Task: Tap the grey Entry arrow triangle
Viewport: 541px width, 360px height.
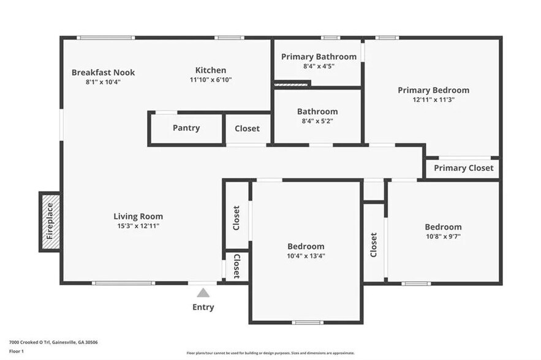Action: (x=203, y=293)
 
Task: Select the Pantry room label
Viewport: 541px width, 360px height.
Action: (x=186, y=128)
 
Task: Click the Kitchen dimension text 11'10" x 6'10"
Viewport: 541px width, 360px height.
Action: (x=211, y=80)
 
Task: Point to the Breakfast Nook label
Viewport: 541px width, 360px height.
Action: (x=103, y=72)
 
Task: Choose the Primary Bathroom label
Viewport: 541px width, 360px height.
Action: (x=319, y=56)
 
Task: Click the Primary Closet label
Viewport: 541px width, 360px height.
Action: (x=463, y=168)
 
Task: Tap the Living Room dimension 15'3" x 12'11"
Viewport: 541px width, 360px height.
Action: (x=138, y=226)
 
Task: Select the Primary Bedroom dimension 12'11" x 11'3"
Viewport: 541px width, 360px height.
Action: (x=434, y=100)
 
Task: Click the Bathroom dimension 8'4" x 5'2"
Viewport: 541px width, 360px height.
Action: (x=317, y=121)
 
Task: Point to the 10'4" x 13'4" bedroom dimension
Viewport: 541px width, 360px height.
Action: (x=306, y=256)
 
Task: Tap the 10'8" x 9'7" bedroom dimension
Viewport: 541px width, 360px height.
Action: (x=444, y=236)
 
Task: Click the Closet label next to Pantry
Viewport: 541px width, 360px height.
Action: (x=247, y=129)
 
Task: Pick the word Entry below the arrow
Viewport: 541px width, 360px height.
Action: (x=203, y=307)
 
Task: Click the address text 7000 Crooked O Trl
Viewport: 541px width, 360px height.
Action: (x=30, y=342)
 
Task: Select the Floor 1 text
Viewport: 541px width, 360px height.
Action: (x=16, y=351)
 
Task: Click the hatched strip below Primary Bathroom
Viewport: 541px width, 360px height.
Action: (x=291, y=84)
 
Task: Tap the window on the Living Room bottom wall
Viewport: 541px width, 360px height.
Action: (x=123, y=283)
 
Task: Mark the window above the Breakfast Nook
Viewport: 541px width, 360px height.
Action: (x=105, y=38)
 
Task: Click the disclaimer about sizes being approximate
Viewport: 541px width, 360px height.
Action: (x=271, y=353)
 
